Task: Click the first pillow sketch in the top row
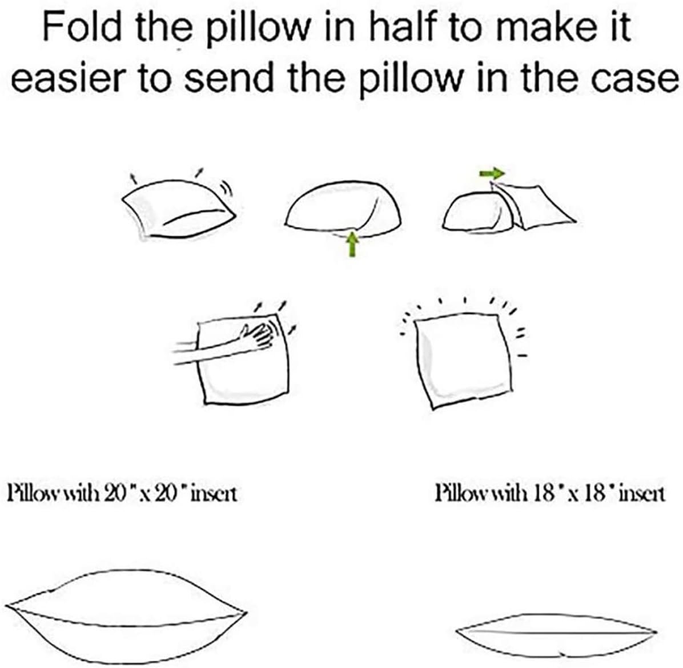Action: [x=179, y=209]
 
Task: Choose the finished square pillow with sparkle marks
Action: [x=462, y=360]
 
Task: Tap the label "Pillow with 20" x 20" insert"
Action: [x=122, y=494]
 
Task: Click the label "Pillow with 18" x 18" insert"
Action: [x=551, y=494]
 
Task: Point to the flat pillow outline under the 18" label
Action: [x=557, y=636]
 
